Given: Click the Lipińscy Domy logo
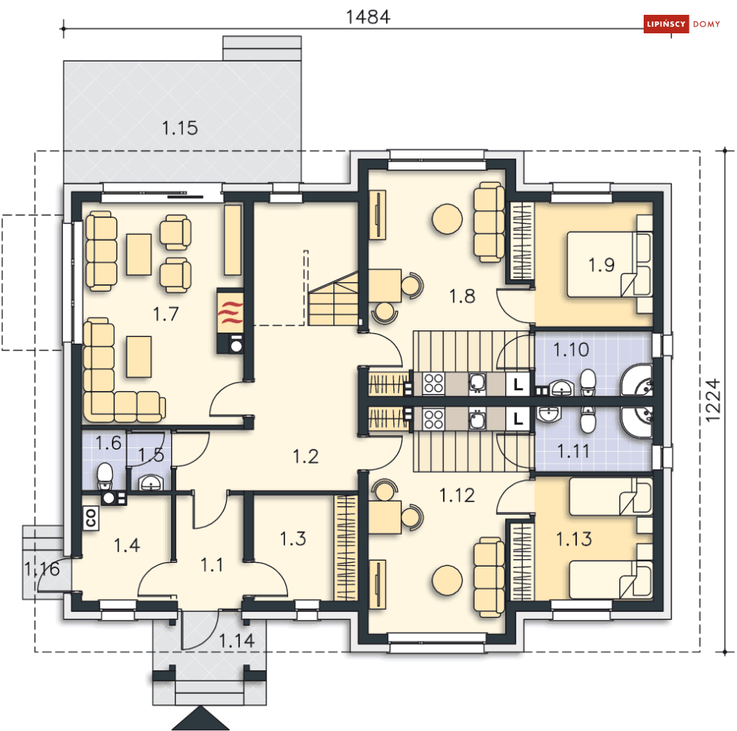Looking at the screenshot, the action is click(x=681, y=24).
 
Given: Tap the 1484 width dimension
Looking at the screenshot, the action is click(x=368, y=17).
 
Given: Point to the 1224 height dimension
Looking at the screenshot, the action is click(x=713, y=400).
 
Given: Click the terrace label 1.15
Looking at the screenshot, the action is click(x=179, y=128).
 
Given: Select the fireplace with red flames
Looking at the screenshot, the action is click(x=230, y=312).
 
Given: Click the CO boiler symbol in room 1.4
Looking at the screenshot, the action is click(x=90, y=518).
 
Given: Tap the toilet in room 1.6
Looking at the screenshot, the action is click(x=104, y=476).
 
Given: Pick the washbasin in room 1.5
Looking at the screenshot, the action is click(x=151, y=482).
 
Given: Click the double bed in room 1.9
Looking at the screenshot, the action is click(x=609, y=264).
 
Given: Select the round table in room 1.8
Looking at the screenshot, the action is click(x=447, y=218).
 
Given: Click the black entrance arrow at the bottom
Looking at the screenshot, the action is click(x=201, y=718).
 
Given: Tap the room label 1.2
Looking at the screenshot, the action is click(x=305, y=456).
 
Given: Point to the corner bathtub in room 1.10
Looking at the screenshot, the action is click(x=637, y=379).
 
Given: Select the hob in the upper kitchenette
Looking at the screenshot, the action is click(x=433, y=383).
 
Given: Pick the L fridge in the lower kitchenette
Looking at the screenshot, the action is click(x=518, y=418).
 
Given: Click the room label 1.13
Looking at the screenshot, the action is click(x=574, y=538).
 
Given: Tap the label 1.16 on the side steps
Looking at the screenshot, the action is click(x=42, y=569).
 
